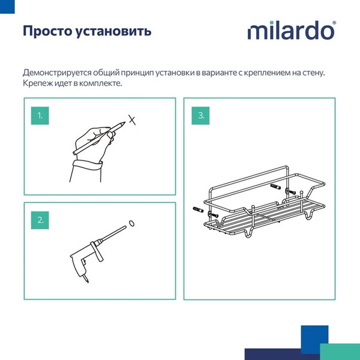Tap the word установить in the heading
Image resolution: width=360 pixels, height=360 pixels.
[x=115, y=31]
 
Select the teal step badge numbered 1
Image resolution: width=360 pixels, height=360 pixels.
[x=40, y=115]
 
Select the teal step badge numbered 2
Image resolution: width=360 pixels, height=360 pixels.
[x=40, y=220]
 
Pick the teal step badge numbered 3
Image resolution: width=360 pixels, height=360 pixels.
[x=201, y=115]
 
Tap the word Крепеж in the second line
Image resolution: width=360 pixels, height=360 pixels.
[x=37, y=84]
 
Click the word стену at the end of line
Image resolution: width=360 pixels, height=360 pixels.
[x=313, y=73]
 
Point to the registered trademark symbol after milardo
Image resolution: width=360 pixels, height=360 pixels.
[x=334, y=23]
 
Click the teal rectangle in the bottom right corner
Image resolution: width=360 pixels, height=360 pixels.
[x=340, y=352]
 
